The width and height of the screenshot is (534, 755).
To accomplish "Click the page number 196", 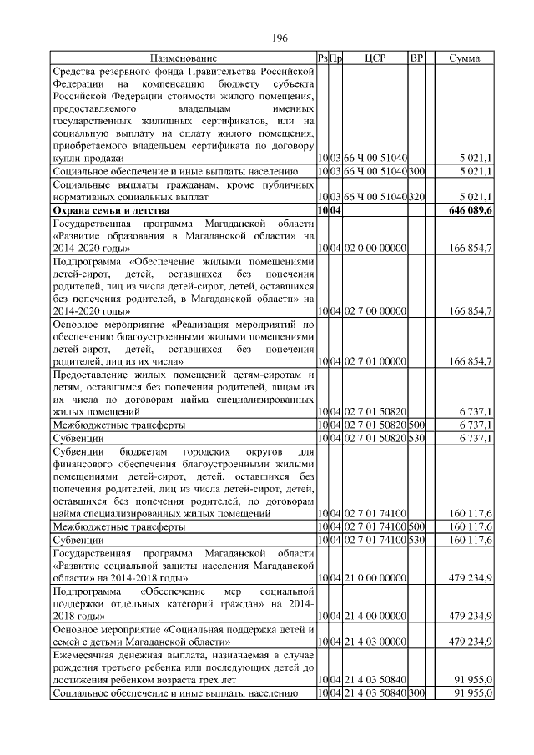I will pos(280,38).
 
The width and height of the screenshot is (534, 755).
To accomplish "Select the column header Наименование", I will pos(184,58).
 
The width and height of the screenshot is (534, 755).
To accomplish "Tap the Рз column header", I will pos(324,58).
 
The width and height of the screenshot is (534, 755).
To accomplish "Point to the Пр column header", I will pos(337,58).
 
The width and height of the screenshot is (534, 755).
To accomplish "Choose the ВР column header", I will pos(417,58).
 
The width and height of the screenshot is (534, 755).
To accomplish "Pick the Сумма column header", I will pos(464,58).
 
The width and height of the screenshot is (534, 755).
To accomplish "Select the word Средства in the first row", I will pos(76,73).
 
